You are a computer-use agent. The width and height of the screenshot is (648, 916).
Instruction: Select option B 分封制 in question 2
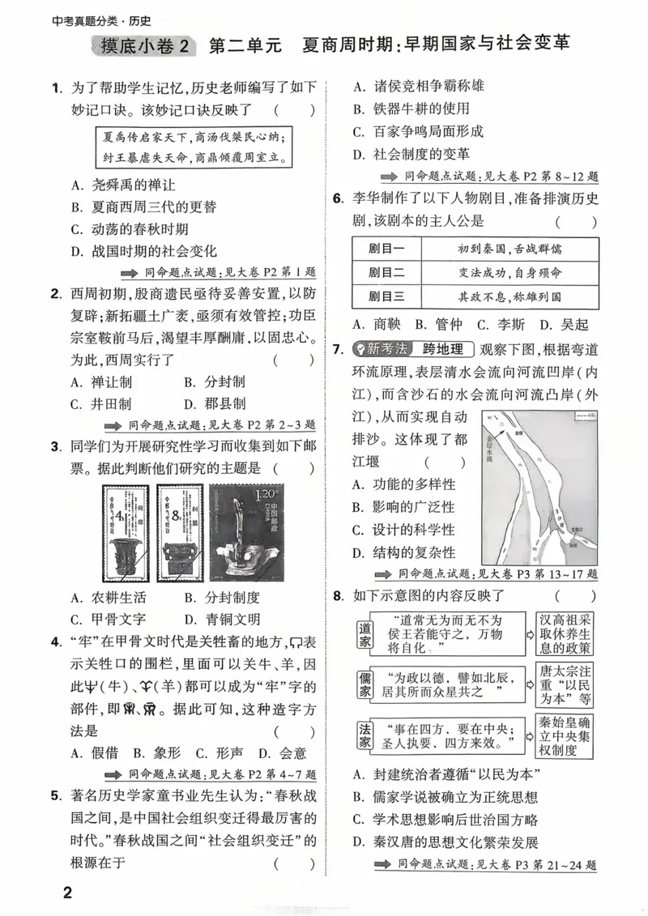pos(214,382)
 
